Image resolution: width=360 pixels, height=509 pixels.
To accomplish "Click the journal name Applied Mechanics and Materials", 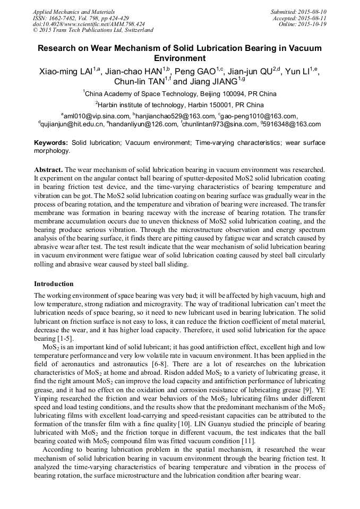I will point(73,11).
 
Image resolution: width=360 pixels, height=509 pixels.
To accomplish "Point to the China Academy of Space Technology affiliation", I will point(179,93).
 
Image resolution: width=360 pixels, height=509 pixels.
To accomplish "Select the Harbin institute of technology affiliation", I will point(179,105).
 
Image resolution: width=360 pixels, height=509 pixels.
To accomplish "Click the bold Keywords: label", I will point(51,143).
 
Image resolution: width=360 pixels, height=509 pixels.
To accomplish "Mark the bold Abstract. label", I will point(48,169).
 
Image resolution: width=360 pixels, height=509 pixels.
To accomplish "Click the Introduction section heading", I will point(54,284).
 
